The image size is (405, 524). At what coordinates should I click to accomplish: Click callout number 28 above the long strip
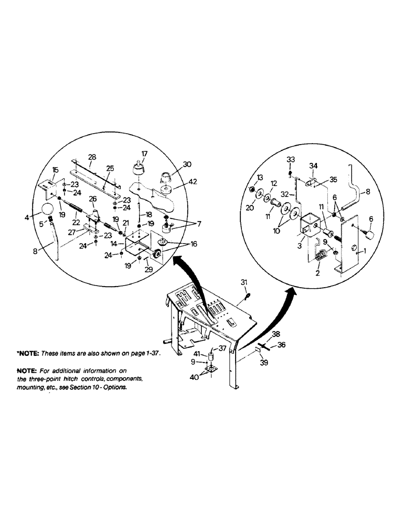click(92, 157)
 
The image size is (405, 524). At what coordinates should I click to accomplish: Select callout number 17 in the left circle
click(140, 154)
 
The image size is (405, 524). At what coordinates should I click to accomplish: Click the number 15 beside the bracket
click(56, 171)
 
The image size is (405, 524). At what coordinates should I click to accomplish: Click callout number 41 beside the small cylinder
click(197, 355)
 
